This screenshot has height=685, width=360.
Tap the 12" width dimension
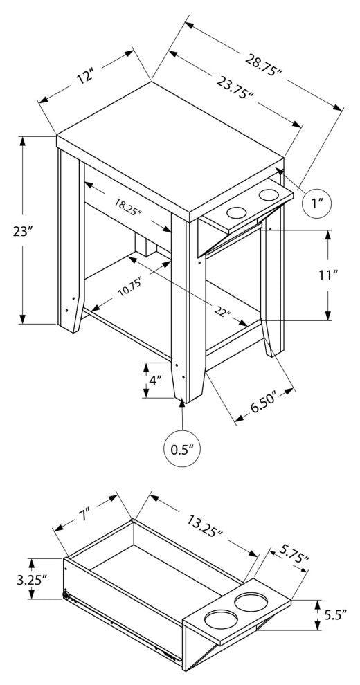(86, 75)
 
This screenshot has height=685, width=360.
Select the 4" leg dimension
(154, 381)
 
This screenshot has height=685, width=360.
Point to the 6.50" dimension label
(264, 403)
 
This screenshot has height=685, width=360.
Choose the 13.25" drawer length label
(205, 527)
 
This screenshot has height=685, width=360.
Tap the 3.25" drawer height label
(32, 579)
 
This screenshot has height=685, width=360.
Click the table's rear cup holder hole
(268, 195)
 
